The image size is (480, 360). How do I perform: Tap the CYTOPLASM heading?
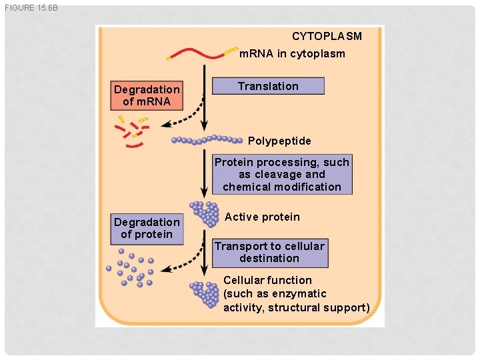[327, 36]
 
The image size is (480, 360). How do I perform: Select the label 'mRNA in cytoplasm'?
[292, 53]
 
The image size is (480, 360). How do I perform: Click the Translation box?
[268, 86]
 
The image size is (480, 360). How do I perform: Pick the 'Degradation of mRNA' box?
[147, 95]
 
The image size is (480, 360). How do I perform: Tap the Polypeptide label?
[279, 141]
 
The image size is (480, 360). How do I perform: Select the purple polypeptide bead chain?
[207, 140]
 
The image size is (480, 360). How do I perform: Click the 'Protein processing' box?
[281, 175]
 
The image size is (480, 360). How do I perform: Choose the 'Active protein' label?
[262, 217]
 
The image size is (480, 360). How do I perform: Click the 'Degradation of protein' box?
[147, 228]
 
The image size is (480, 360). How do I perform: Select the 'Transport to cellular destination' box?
[269, 252]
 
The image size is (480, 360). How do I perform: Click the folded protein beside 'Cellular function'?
[205, 294]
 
